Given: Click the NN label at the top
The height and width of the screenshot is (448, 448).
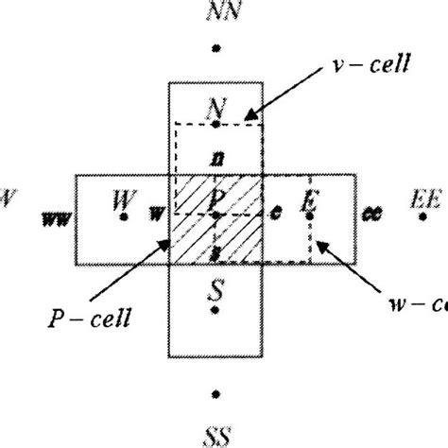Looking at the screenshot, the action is click(216, 13).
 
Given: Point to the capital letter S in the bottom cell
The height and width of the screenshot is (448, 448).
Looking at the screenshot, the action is click(216, 299).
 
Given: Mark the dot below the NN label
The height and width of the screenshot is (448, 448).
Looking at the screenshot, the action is click(216, 45).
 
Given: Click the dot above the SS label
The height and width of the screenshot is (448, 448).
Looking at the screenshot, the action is click(216, 392).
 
